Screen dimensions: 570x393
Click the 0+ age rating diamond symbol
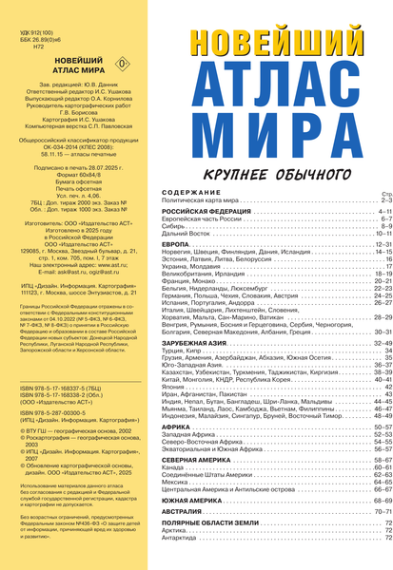tap(119, 66)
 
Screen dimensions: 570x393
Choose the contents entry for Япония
tap(175, 388)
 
